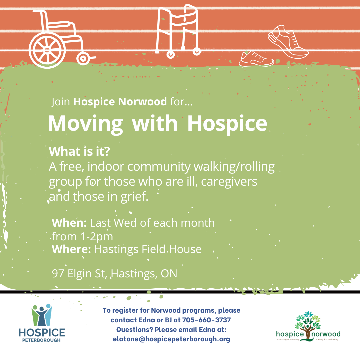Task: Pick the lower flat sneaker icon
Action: tap(256, 59)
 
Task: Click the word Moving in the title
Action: tap(85, 123)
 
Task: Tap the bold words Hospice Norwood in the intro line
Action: tap(120, 102)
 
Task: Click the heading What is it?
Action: tap(79, 152)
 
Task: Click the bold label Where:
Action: tap(71, 249)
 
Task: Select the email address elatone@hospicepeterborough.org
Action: tap(171, 339)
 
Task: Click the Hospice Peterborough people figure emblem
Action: tap(42, 315)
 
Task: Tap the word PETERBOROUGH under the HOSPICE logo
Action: tap(42, 340)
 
